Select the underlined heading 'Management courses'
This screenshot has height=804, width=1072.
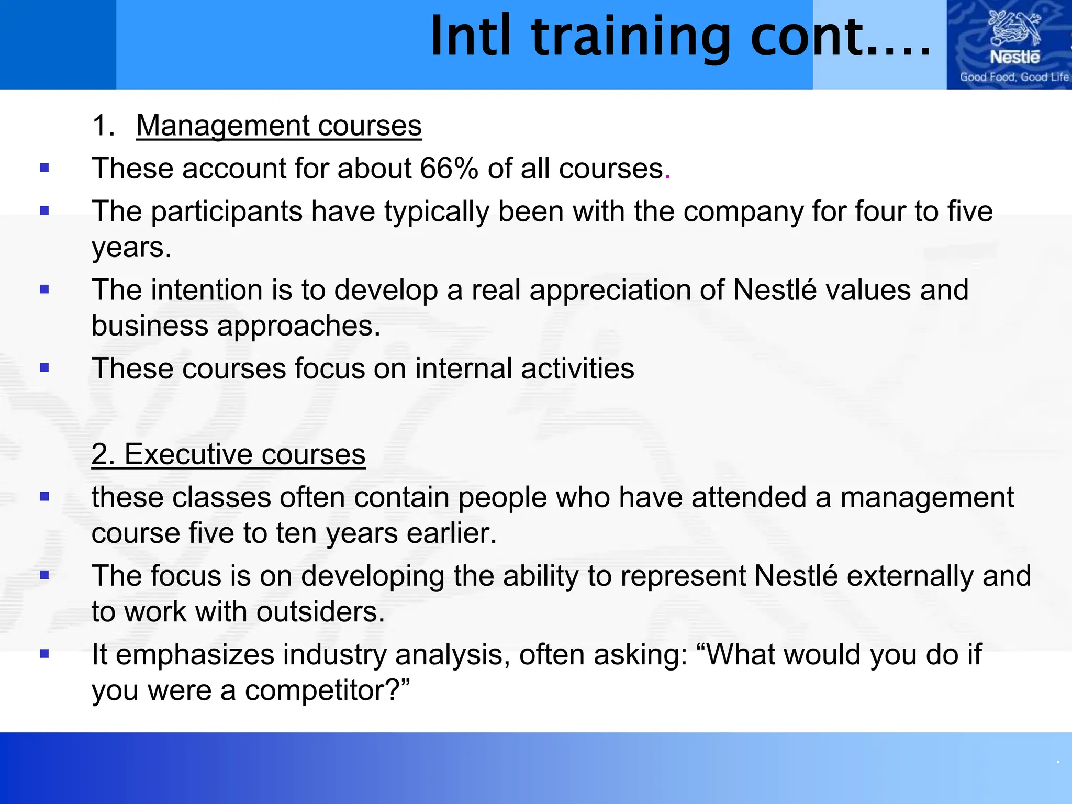coord(279,126)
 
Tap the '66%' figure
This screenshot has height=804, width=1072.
coord(449,169)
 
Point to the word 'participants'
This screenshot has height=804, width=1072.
coord(227,211)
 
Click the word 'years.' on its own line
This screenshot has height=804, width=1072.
coord(131,248)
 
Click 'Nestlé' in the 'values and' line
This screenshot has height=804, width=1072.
coord(774,290)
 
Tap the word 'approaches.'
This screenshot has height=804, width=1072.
coord(299,326)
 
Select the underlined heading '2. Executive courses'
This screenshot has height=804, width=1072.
coord(228,454)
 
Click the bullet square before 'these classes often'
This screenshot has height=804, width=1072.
coord(44,496)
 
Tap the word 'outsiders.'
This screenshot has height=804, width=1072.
coord(320,612)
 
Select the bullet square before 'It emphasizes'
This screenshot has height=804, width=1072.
coord(44,653)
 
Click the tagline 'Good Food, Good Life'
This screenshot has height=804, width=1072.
coord(1013,77)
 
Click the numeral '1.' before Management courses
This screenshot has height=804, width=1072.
coord(103,126)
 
